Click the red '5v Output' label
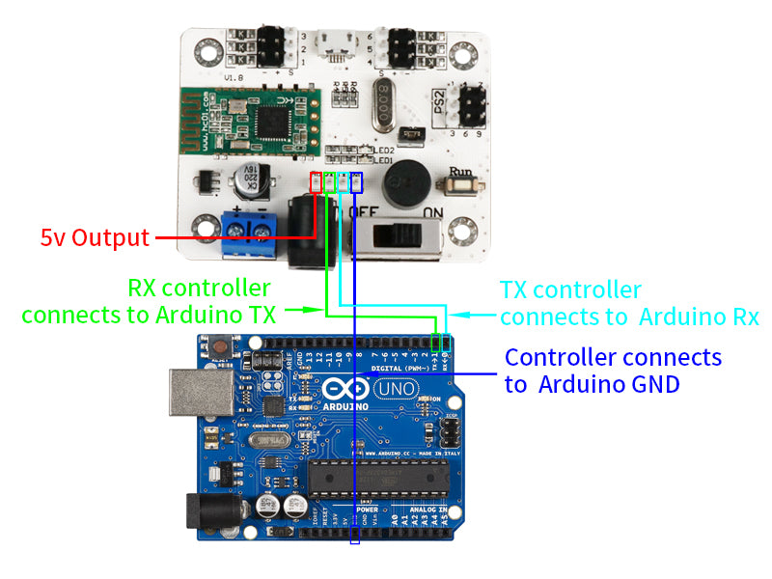[x=95, y=237]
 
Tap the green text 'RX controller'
[x=199, y=288]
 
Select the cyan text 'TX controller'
[x=570, y=289]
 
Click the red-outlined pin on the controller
[x=316, y=181]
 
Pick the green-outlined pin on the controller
[x=329, y=181]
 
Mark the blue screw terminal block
[x=247, y=233]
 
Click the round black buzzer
[x=407, y=180]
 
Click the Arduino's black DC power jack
[x=207, y=513]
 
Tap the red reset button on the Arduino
[x=222, y=345]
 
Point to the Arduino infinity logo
[x=344, y=391]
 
